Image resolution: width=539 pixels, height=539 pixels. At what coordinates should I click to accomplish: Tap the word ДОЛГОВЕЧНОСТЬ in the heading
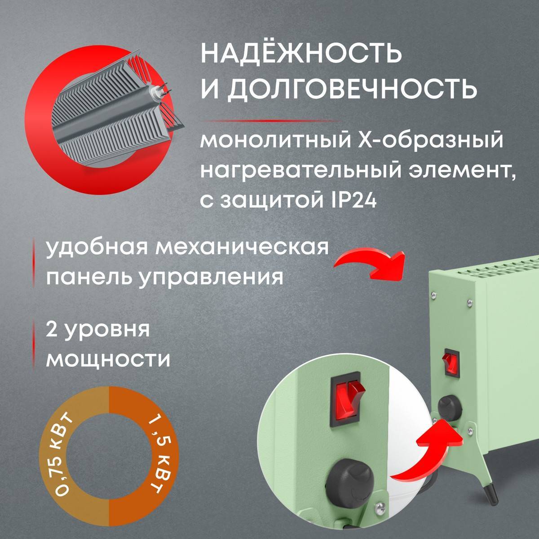[x=351, y=88]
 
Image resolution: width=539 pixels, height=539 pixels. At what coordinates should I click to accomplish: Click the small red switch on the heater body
[x=447, y=361]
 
